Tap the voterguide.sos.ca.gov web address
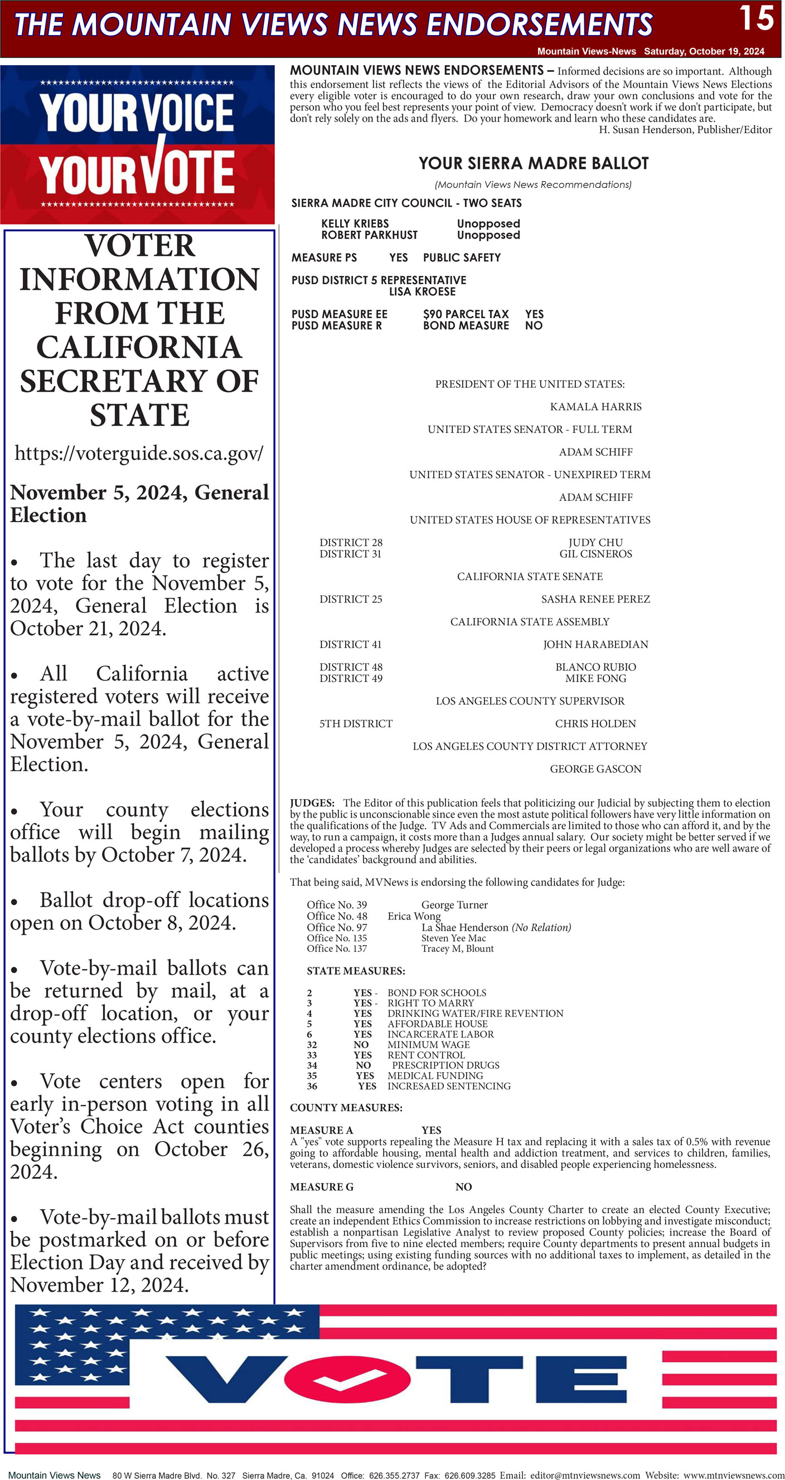click(139, 454)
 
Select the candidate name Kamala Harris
click(595, 407)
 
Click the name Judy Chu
click(595, 542)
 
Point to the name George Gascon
click(595, 769)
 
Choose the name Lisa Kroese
click(422, 292)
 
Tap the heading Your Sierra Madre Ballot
click(534, 164)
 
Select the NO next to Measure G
click(463, 1187)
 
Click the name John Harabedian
click(595, 645)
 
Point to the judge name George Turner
click(454, 905)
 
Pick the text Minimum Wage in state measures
click(428, 1044)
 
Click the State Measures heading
click(356, 971)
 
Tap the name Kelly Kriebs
click(355, 223)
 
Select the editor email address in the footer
click(584, 1475)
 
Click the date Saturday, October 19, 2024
click(704, 51)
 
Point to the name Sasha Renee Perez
click(595, 599)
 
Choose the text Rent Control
click(426, 1055)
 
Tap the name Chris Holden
click(595, 724)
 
